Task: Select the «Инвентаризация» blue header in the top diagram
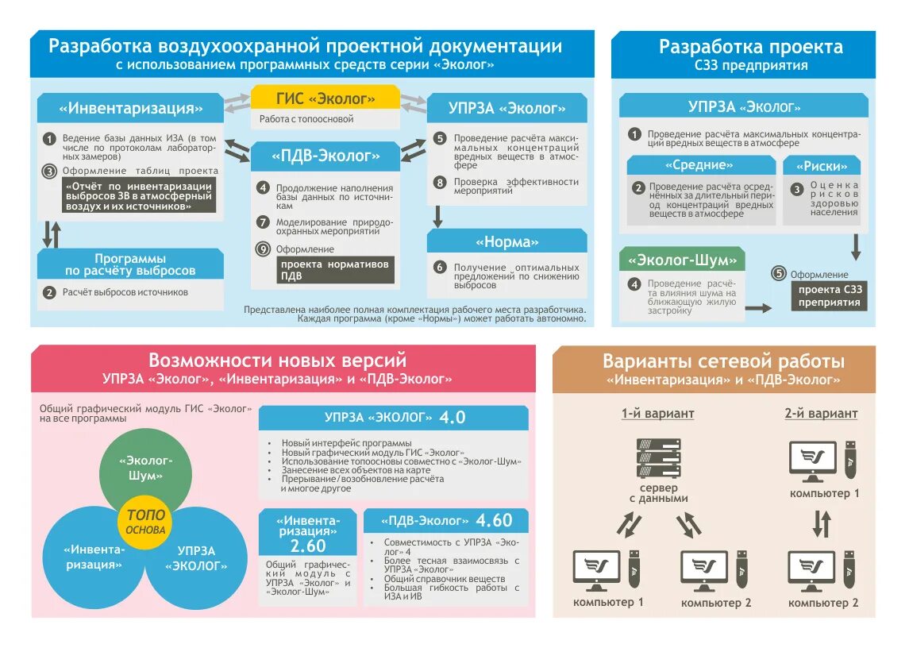tap(130, 108)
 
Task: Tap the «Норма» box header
tap(506, 241)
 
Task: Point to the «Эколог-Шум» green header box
tap(683, 260)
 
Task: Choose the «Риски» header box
tap(821, 166)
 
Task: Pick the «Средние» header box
tap(700, 165)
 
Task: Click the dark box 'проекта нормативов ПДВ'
tap(335, 270)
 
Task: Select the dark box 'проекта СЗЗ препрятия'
tap(829, 296)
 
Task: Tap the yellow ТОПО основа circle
tap(145, 522)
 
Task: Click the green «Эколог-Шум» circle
tap(145, 468)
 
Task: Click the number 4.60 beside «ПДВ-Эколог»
tap(494, 521)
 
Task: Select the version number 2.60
tap(308, 546)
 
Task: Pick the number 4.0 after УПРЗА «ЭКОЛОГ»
tap(453, 418)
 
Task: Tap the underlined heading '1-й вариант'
tap(657, 414)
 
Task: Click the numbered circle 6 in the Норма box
tap(440, 268)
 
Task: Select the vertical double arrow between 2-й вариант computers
tap(822, 524)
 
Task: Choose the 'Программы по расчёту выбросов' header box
tap(130, 264)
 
